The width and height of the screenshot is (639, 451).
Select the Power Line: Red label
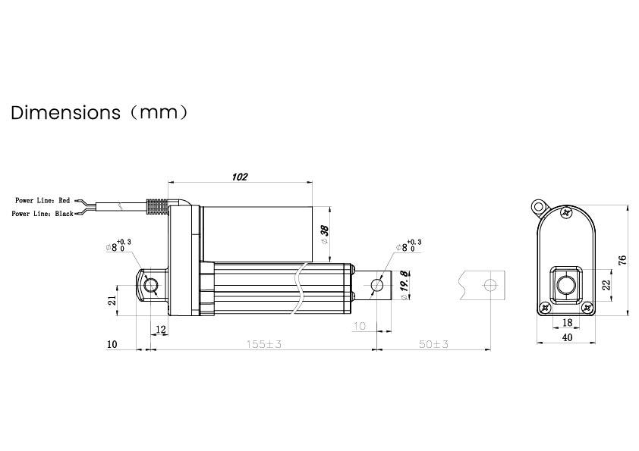(42, 201)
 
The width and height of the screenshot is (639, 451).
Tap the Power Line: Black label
(42, 215)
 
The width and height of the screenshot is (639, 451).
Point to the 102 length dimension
(239, 177)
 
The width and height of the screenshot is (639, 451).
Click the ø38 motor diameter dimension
(325, 235)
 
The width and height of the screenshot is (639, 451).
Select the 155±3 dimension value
(263, 344)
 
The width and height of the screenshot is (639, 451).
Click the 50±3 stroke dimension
(433, 344)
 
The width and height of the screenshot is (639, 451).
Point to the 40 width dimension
(567, 337)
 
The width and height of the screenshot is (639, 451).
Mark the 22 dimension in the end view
(606, 284)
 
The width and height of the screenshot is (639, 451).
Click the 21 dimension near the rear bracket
(112, 301)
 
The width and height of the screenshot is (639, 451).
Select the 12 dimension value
(160, 328)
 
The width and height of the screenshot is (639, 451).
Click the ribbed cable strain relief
(155, 207)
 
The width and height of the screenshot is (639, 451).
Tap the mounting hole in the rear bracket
(150, 285)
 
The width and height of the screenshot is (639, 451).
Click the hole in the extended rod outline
(490, 285)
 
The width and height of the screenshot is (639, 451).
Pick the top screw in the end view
(567, 214)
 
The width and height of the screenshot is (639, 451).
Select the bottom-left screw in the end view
(545, 308)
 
